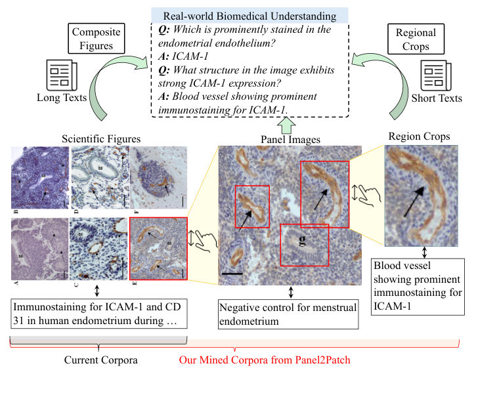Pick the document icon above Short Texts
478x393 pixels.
(x=435, y=74)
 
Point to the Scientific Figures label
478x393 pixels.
(x=100, y=138)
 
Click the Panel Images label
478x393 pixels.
(x=290, y=138)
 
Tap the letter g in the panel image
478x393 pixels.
(x=303, y=240)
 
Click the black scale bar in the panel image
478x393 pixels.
(x=232, y=270)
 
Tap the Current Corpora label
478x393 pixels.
(x=98, y=360)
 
